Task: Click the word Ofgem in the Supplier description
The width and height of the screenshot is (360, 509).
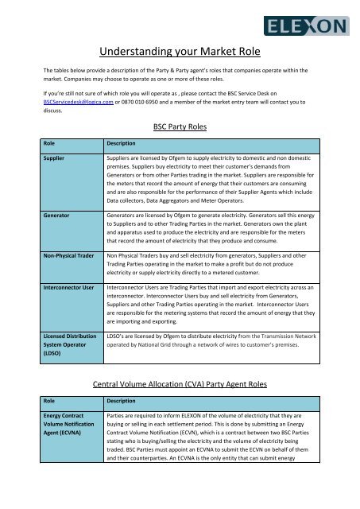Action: point(187,159)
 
